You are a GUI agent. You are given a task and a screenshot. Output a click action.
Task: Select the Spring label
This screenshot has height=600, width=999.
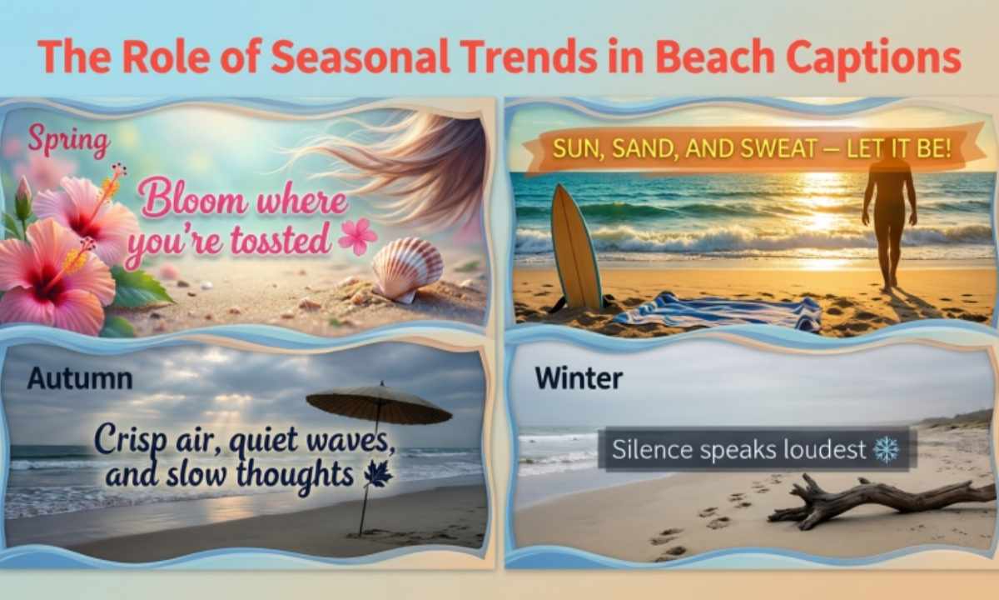68,141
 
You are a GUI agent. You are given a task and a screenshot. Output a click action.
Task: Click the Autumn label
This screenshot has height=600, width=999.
79,378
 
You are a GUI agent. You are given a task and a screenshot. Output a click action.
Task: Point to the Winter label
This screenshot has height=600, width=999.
579,378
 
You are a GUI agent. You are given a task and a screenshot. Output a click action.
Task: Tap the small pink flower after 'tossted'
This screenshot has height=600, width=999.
357,237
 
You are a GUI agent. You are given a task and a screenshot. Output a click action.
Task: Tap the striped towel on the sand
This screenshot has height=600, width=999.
716,313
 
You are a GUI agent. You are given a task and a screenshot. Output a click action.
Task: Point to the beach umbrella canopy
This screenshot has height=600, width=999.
379,403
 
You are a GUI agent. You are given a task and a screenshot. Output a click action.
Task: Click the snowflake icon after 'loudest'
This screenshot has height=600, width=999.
886,450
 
